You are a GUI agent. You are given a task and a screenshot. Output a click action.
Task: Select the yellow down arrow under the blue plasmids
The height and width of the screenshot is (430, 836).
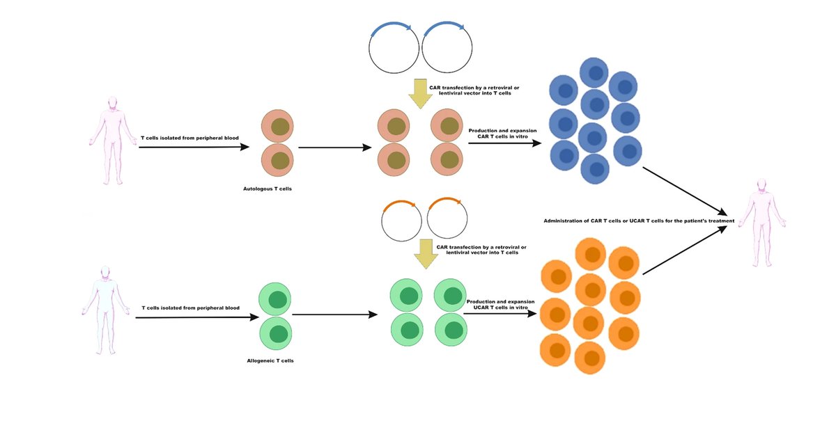(420, 93)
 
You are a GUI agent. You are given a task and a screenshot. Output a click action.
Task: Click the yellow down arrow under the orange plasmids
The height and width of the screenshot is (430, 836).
(425, 254)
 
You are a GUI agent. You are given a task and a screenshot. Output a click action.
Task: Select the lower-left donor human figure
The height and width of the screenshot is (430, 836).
(104, 310)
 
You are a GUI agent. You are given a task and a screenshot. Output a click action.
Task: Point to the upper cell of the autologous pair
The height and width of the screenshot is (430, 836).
(278, 127)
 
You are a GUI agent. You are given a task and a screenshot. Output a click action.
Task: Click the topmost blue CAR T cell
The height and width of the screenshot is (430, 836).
(594, 72)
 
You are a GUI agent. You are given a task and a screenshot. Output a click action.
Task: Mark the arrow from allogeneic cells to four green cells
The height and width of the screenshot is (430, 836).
(334, 314)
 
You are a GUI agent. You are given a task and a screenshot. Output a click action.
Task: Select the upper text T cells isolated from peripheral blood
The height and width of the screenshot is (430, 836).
(189, 138)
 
